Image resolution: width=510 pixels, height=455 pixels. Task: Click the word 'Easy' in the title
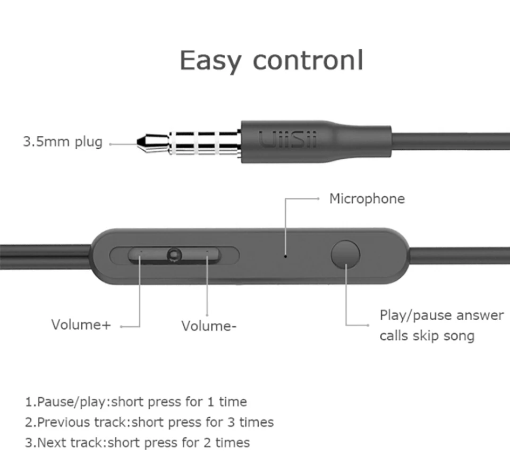(210, 61)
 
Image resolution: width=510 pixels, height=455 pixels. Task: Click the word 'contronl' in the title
(308, 60)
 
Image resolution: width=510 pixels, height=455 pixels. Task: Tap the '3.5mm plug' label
(63, 142)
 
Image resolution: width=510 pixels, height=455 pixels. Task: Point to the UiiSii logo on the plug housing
(287, 140)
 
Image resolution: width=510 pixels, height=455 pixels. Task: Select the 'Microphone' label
(367, 199)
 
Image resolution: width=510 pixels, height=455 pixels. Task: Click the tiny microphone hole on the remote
(285, 256)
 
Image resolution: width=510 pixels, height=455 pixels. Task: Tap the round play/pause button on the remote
(345, 254)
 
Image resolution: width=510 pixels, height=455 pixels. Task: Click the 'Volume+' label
(81, 325)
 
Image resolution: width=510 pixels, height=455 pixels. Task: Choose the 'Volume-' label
(209, 326)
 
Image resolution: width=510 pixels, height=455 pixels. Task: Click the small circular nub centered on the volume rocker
(174, 255)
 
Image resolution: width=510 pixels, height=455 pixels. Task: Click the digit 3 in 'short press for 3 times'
(231, 422)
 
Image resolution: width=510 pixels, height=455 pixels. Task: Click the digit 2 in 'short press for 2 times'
(207, 443)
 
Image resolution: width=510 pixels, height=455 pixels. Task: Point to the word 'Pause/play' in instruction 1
(71, 402)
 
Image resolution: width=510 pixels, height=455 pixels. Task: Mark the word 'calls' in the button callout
(393, 336)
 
